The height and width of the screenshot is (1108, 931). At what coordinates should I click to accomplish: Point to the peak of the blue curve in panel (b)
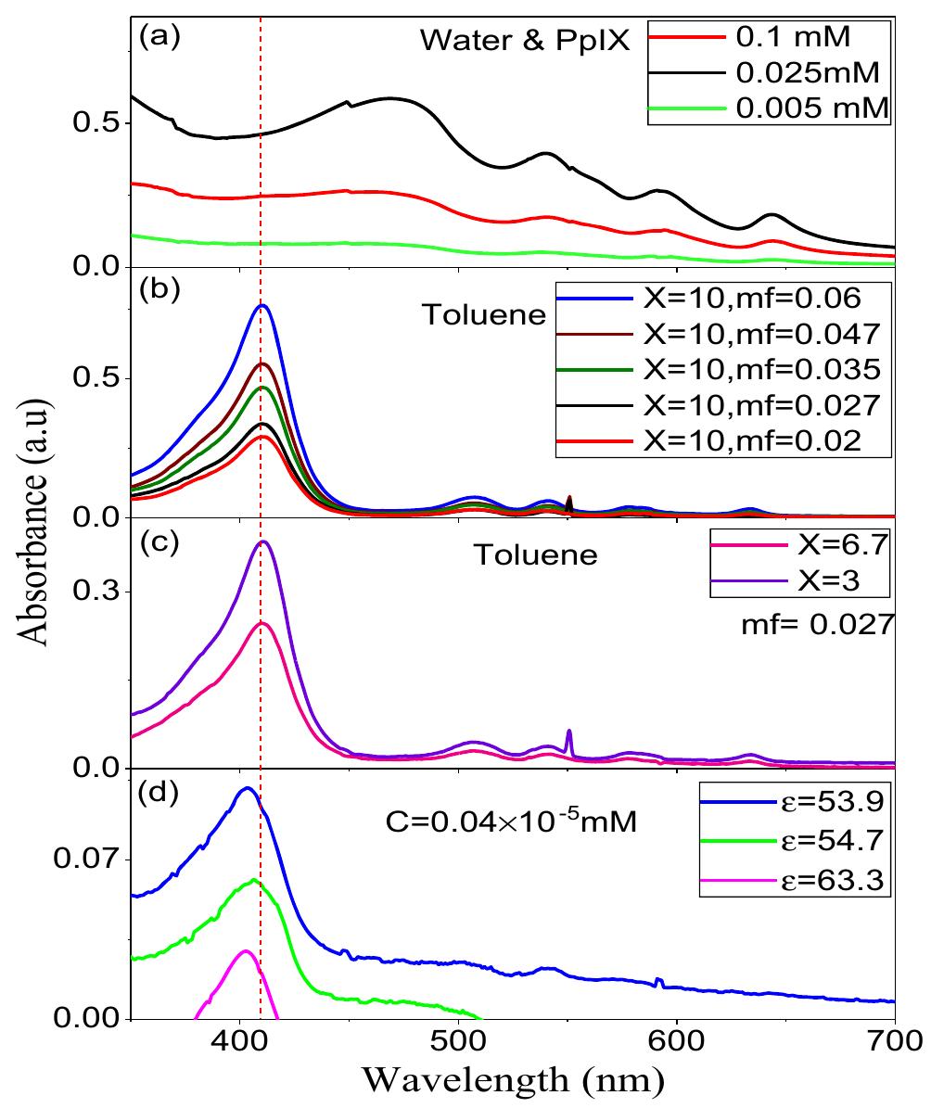coord(262,305)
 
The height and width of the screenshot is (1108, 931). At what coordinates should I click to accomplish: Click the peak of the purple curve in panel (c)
coord(263,541)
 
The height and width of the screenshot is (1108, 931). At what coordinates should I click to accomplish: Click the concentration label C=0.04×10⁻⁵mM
coord(510,821)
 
